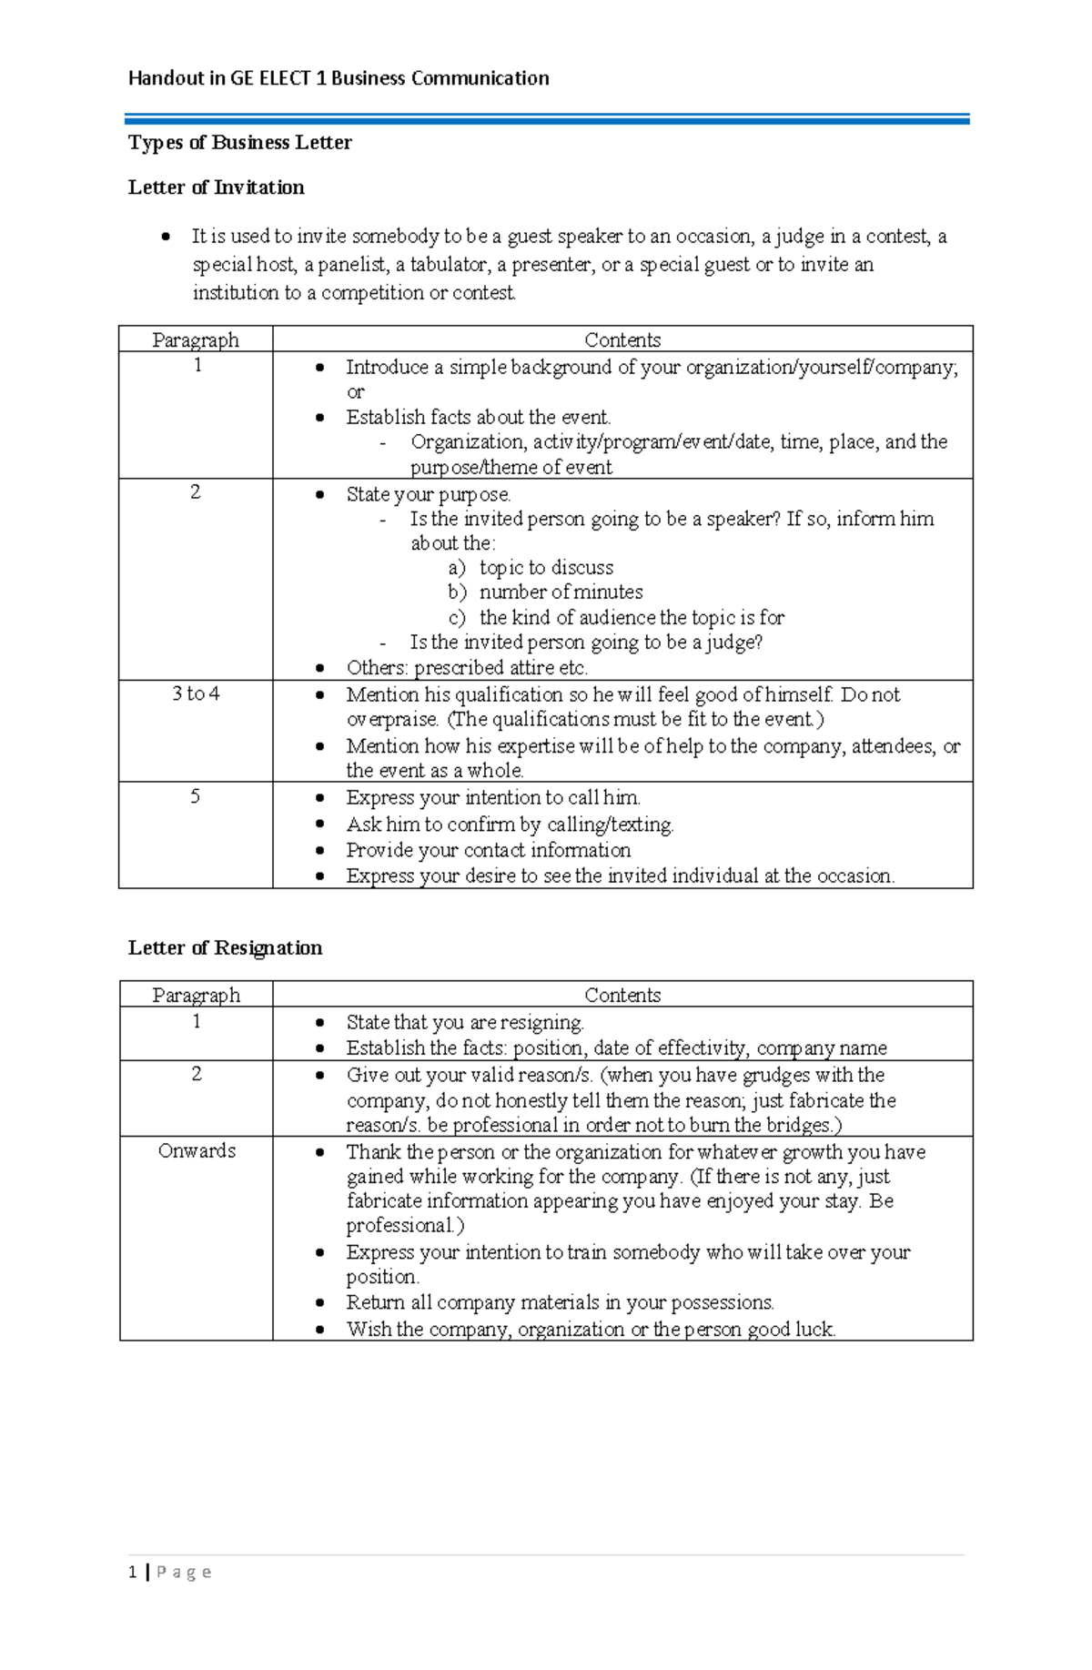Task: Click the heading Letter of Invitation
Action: click(217, 187)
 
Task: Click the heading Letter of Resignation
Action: click(225, 947)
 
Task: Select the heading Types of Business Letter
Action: click(239, 142)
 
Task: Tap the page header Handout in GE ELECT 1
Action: click(339, 78)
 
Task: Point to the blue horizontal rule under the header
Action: click(546, 119)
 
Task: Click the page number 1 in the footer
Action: click(133, 1572)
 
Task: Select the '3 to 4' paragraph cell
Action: click(196, 694)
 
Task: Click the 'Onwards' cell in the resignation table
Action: click(197, 1150)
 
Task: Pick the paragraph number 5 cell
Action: click(196, 796)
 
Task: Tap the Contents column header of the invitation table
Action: click(622, 339)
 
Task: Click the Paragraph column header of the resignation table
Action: click(197, 995)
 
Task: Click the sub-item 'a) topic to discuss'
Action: click(531, 568)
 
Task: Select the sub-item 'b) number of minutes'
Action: click(546, 592)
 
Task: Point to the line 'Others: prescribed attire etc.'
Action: click(467, 668)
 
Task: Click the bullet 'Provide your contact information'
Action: click(488, 850)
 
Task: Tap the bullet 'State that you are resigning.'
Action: click(464, 1022)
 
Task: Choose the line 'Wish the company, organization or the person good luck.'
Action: click(591, 1329)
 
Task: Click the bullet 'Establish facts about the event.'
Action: click(478, 417)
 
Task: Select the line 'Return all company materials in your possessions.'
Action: click(560, 1302)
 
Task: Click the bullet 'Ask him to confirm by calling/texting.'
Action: click(510, 825)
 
